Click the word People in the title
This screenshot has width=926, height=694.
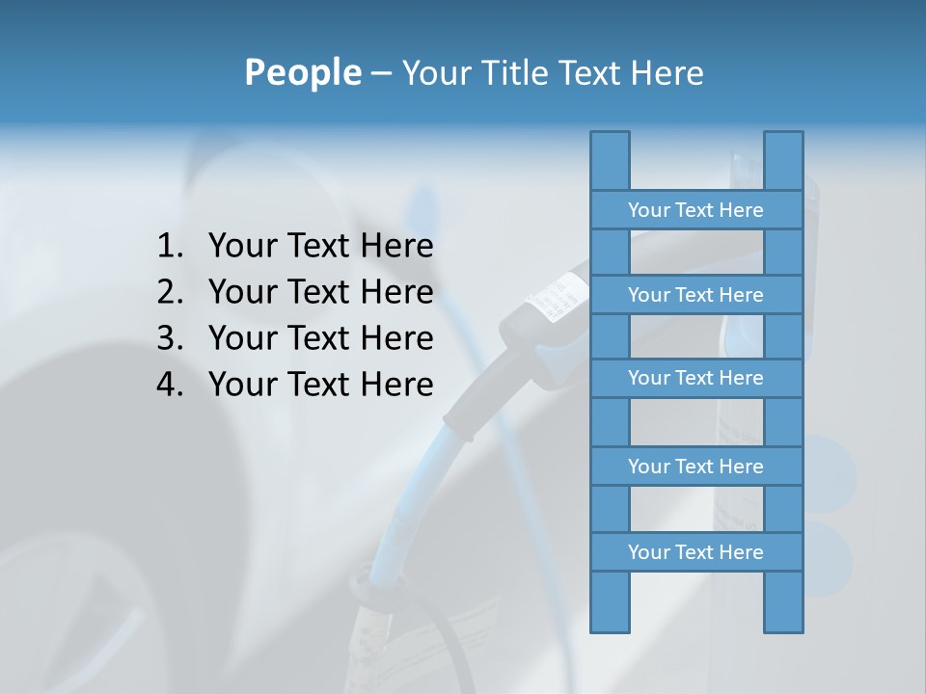click(x=302, y=72)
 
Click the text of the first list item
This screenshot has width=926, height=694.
click(x=320, y=247)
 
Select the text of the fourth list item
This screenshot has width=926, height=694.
click(x=320, y=385)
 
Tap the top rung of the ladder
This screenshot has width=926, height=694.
click(x=695, y=210)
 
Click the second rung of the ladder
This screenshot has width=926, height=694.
click(x=695, y=295)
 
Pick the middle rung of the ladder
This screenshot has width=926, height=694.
click(x=695, y=378)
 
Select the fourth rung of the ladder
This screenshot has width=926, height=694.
click(x=695, y=467)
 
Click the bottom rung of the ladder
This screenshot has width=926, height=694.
click(x=695, y=552)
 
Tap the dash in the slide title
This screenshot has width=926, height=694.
click(x=380, y=73)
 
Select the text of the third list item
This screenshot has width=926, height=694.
click(x=320, y=338)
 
